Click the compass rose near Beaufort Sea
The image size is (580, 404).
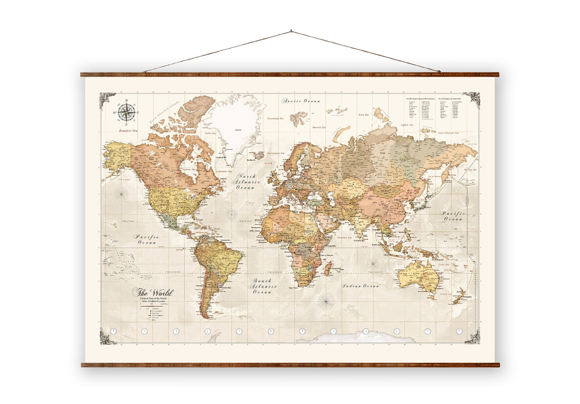click(x=127, y=112)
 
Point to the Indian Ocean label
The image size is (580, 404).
click(x=360, y=286)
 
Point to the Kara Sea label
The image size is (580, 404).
click(x=363, y=115)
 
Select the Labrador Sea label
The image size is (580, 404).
click(x=224, y=171)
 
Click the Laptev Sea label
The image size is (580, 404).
click(x=407, y=125)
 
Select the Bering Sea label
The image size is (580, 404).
click(x=471, y=170)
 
